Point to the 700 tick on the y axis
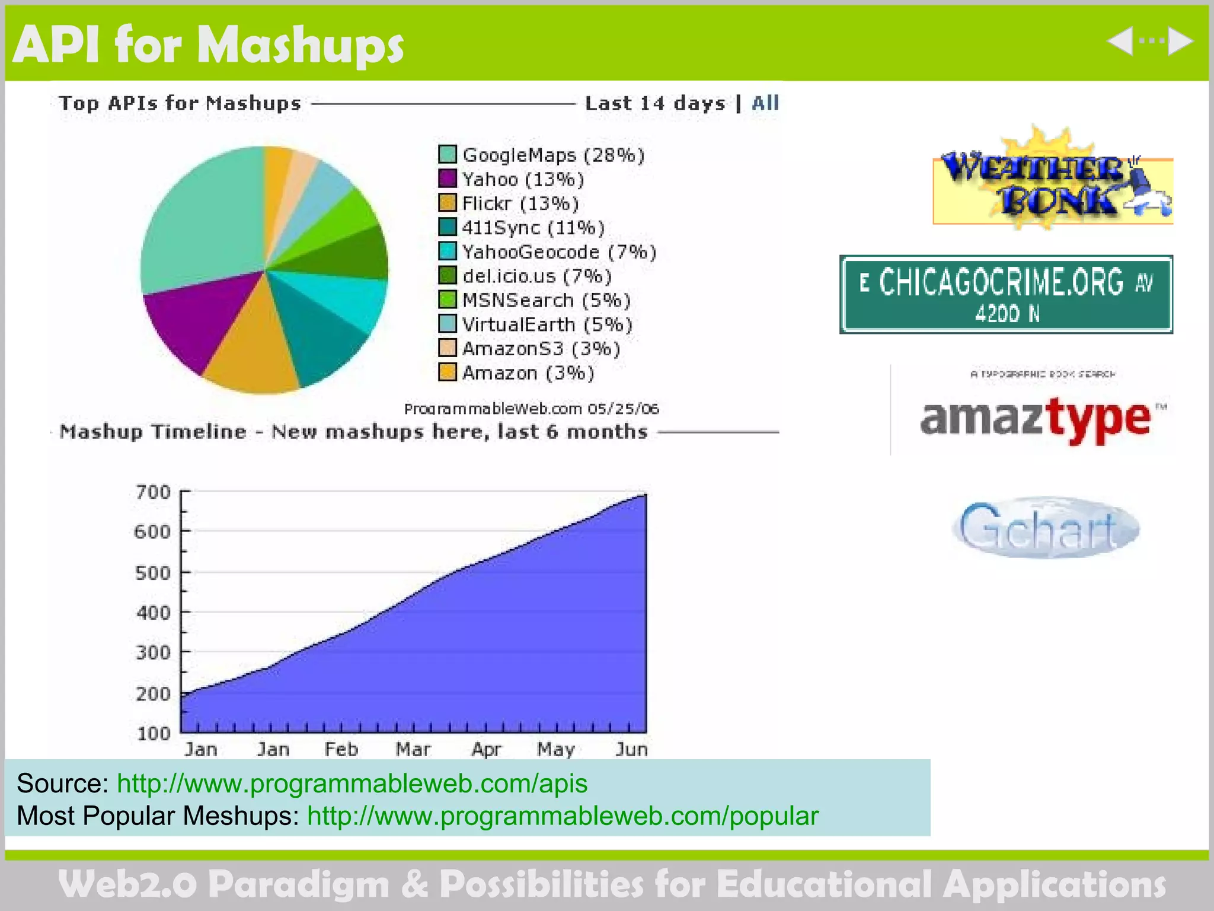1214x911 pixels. (153, 492)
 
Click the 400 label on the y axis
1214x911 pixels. (153, 612)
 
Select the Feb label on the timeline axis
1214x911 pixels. (341, 750)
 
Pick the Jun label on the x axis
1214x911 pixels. (631, 750)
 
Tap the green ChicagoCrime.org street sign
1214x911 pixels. (1006, 295)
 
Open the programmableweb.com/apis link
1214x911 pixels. (352, 783)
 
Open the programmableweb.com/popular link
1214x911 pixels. (563, 816)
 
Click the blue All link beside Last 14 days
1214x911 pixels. (765, 103)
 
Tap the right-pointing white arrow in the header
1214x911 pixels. (1180, 42)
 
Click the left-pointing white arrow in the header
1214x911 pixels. (1119, 42)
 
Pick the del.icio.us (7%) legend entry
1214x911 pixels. (536, 276)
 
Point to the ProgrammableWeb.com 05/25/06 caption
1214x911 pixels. (531, 409)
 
